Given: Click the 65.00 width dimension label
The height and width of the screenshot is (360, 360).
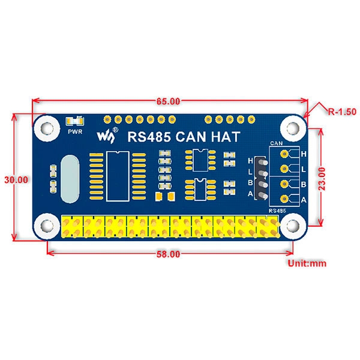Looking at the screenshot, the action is tap(168, 101).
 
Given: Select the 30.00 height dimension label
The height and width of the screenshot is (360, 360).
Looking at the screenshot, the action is tap(16, 180).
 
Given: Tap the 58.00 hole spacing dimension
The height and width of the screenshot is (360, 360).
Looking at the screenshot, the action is tap(168, 254).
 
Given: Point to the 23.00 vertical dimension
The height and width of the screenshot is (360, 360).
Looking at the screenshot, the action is tap(322, 179).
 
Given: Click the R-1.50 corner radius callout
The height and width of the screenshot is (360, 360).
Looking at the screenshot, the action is tap(342, 112).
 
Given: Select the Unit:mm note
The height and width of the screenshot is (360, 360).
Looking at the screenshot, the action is tap(307, 263).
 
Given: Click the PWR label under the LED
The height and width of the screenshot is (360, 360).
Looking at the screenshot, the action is tap(75, 132).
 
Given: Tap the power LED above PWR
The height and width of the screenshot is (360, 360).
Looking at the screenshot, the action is tap(75, 121).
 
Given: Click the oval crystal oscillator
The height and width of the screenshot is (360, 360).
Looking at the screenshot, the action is tap(70, 179).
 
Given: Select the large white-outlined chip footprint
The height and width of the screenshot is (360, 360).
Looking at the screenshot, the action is tap(118, 176).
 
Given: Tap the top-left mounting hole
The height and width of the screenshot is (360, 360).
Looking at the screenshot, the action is tap(47, 128).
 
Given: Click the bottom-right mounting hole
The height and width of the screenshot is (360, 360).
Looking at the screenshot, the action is tap(292, 226).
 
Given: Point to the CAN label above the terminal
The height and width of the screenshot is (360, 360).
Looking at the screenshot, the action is tap(277, 143).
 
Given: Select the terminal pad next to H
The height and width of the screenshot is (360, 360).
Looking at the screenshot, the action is tap(284, 154).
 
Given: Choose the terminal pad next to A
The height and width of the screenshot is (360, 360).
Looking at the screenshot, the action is tap(284, 199).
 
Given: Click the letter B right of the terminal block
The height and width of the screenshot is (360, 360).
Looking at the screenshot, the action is tap(304, 184).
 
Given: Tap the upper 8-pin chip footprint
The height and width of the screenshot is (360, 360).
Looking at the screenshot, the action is tap(200, 160).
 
